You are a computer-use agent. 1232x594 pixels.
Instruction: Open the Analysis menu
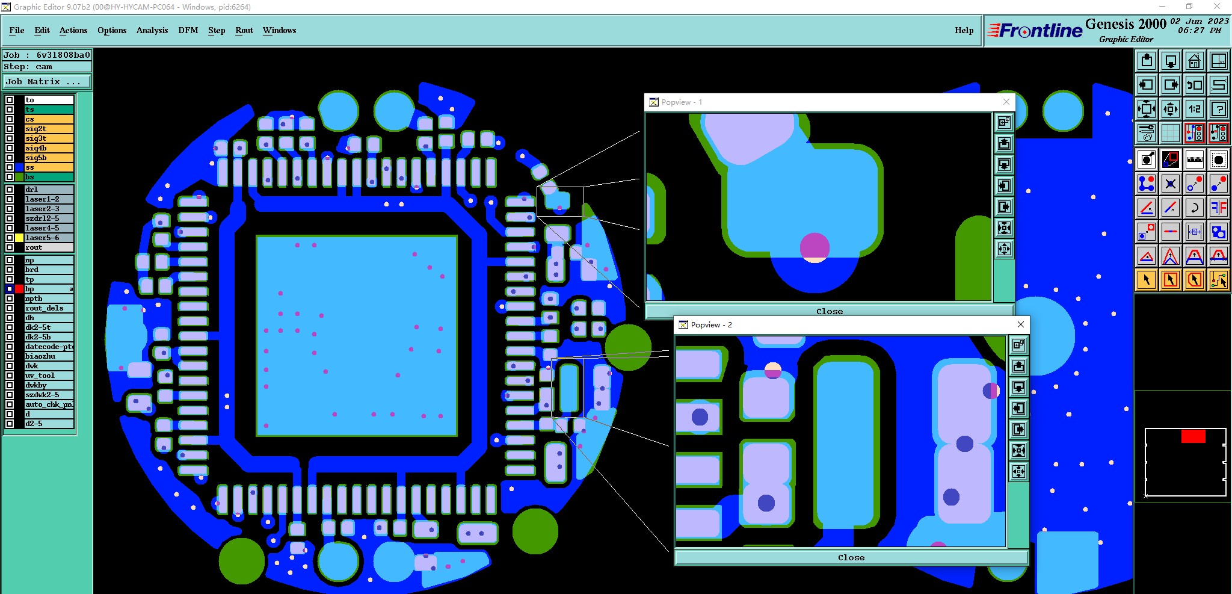152,30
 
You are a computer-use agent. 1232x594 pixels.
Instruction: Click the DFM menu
188,30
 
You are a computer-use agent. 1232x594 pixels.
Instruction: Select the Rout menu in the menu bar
244,30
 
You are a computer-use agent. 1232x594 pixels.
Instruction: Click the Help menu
964,30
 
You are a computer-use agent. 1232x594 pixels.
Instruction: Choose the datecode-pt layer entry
48,347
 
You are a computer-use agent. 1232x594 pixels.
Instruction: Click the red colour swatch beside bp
19,289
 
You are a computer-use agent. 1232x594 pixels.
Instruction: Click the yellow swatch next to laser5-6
19,238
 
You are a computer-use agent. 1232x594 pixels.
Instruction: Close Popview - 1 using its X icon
1006,102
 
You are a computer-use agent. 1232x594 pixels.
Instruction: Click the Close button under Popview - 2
851,557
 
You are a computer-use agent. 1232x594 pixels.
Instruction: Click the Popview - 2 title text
711,325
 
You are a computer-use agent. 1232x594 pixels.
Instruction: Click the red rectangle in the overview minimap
1193,436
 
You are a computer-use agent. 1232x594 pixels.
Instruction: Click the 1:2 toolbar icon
1194,109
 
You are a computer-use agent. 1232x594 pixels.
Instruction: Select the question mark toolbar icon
1218,109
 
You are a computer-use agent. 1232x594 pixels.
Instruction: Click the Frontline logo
1035,30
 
